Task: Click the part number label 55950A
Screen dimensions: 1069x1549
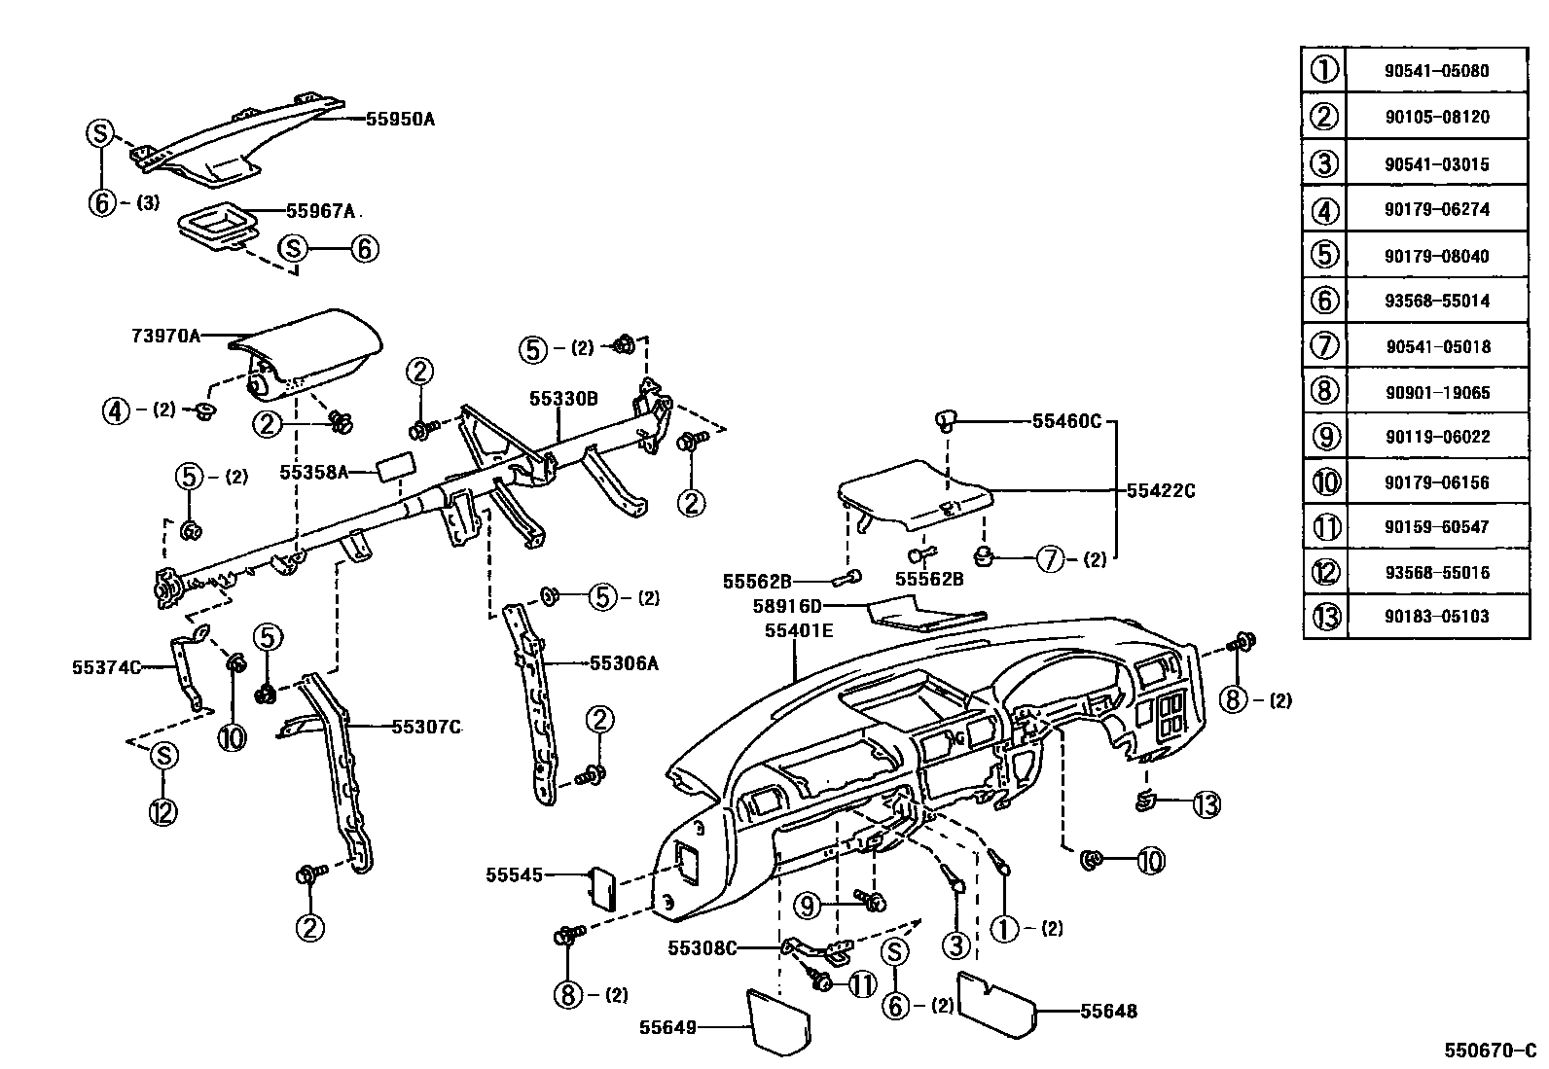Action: coord(400,120)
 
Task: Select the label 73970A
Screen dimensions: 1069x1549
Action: coord(165,336)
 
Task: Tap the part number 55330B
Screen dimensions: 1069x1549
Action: coord(563,398)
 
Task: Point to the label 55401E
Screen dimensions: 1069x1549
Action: coord(799,630)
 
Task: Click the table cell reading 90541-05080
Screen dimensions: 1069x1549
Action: coord(1436,71)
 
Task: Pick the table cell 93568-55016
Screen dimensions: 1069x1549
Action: coord(1436,572)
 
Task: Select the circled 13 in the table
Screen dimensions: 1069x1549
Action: coord(1325,617)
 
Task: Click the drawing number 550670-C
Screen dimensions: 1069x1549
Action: coord(1488,1051)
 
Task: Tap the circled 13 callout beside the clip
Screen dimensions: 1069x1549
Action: coord(1206,804)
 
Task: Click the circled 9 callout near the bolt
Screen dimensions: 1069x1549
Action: coord(808,907)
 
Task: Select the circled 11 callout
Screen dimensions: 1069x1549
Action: coord(862,985)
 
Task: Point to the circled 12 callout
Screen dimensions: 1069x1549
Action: coord(162,810)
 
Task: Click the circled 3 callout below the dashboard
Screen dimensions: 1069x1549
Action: coord(955,944)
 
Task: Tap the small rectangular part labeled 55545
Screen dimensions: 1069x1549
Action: coord(603,887)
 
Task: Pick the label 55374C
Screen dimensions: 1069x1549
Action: coord(106,667)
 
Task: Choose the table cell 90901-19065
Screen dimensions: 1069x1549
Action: coord(1436,393)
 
